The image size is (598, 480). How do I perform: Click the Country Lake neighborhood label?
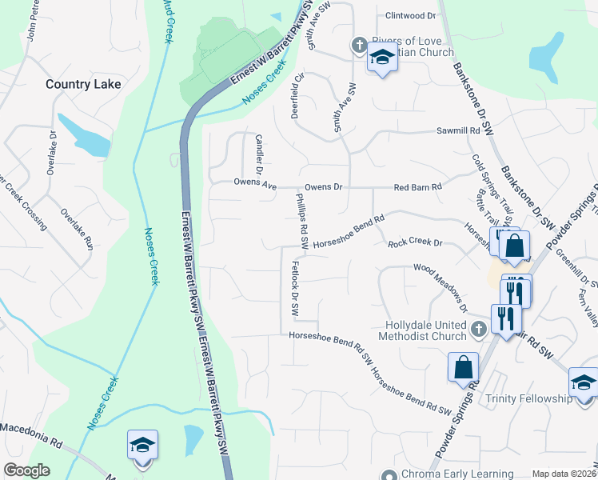(x=83, y=84)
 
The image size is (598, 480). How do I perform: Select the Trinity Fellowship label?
(x=527, y=398)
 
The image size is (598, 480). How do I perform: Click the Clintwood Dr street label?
(x=411, y=15)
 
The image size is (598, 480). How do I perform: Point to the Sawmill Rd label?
(x=456, y=130)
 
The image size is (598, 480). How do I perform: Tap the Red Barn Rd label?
(x=418, y=187)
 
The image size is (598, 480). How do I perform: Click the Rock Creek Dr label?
(x=415, y=242)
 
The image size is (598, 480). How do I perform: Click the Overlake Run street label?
(x=78, y=230)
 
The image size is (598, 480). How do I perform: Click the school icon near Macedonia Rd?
(x=142, y=445)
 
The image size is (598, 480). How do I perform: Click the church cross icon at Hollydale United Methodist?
(x=478, y=329)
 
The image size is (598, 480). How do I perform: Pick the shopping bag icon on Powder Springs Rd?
(x=463, y=368)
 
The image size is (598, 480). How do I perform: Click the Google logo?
(x=26, y=470)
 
